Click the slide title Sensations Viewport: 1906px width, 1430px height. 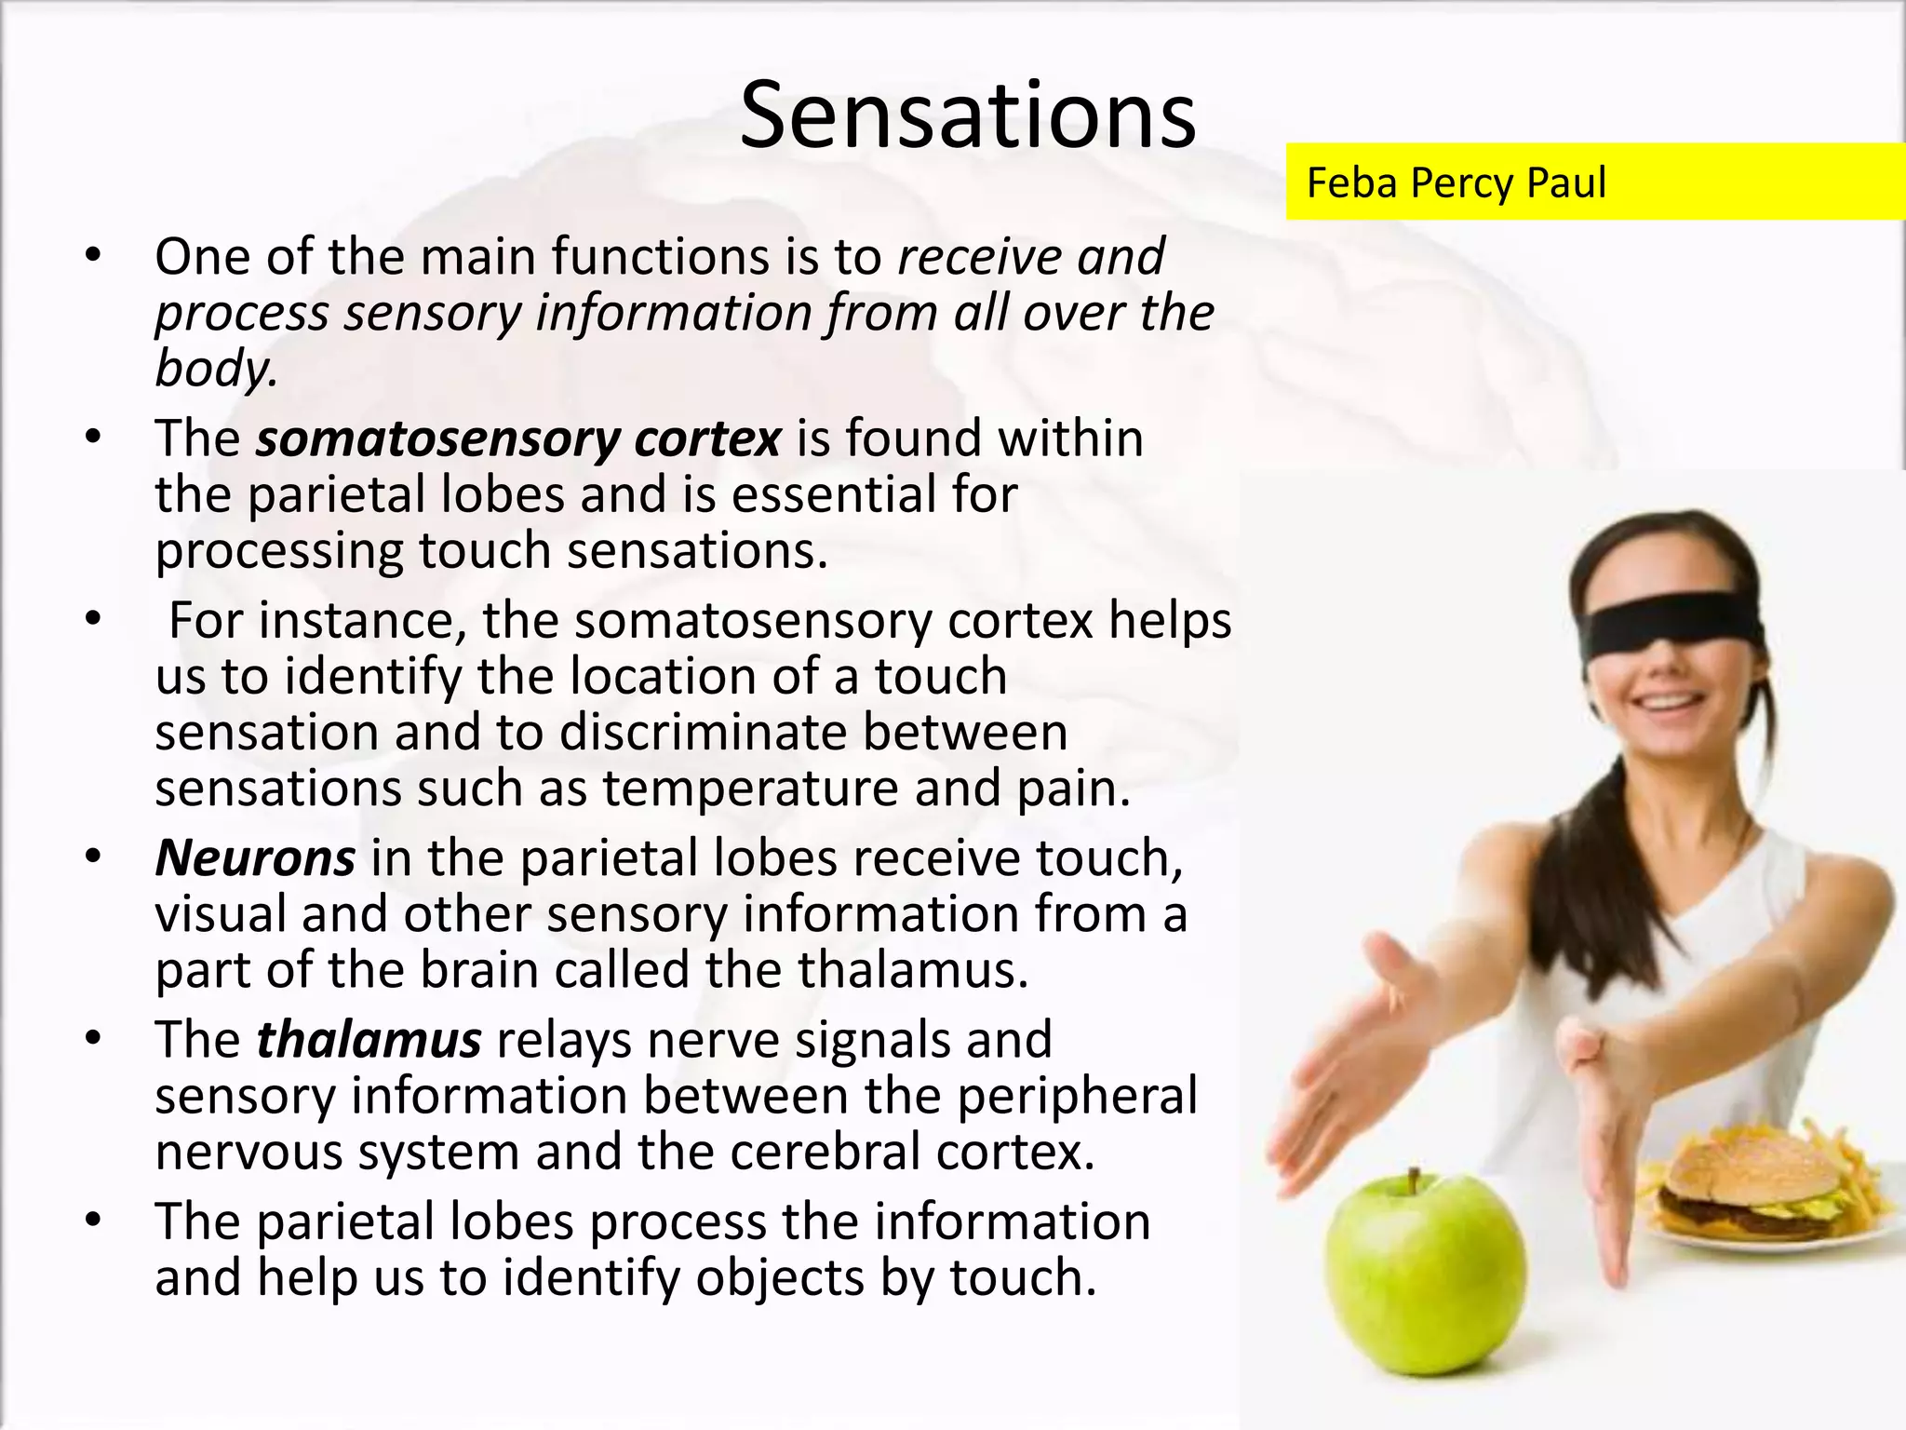[968, 115]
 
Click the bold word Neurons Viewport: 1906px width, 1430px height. [255, 857]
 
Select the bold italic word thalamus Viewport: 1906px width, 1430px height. [369, 1040]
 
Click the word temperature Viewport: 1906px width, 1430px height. [750, 789]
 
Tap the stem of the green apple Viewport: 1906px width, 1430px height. [1414, 1183]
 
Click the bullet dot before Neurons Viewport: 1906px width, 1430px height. [91, 857]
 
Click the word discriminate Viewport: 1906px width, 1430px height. [703, 733]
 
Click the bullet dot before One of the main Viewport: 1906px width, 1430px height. [91, 256]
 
